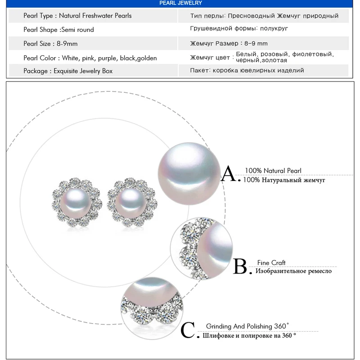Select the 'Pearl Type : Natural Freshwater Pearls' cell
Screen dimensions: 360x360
click(77, 16)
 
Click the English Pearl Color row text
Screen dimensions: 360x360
click(90, 58)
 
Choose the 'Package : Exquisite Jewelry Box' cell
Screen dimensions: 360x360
click(68, 71)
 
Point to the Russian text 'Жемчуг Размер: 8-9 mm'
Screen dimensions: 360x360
click(229, 44)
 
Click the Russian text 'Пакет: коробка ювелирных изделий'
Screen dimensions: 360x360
click(247, 71)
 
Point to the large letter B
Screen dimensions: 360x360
click(241, 267)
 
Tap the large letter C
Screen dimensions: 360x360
click(189, 332)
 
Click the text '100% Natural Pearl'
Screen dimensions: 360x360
click(273, 171)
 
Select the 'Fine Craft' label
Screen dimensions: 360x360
click(271, 263)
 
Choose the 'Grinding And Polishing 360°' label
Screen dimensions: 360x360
click(247, 326)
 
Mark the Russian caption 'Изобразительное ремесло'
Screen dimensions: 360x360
click(293, 271)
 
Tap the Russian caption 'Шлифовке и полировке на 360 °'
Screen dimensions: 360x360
click(251, 336)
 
